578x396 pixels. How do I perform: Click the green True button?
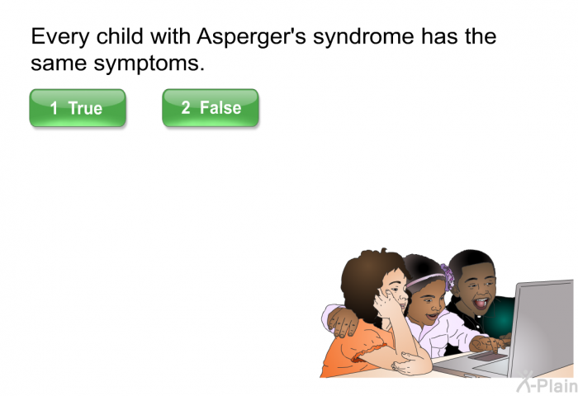point(78,108)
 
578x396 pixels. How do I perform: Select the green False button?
point(211,108)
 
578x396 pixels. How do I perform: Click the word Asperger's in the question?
point(251,37)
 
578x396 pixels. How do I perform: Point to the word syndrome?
point(363,37)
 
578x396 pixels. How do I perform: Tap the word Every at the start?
point(60,37)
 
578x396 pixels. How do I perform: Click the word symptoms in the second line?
point(149,64)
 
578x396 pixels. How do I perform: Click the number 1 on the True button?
point(54,108)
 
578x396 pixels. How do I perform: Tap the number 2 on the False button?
point(186,107)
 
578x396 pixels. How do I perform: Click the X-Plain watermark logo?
point(547,382)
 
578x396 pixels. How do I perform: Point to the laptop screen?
point(541,328)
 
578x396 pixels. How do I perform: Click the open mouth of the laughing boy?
point(481,304)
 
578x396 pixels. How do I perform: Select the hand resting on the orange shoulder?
point(343,322)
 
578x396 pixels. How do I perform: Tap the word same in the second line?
point(59,64)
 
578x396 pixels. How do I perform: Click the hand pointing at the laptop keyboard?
point(488,344)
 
